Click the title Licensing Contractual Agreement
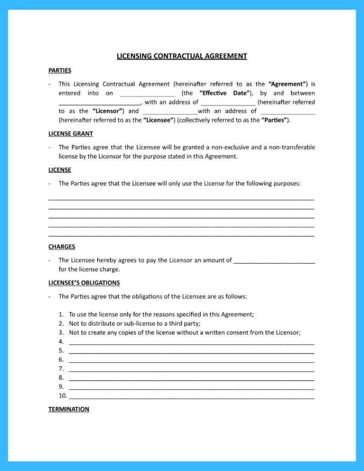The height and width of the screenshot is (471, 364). [x=182, y=56]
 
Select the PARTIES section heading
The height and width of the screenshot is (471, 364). [x=60, y=71]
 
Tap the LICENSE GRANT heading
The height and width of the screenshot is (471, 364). [x=71, y=134]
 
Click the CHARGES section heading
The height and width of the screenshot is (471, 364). [x=61, y=246]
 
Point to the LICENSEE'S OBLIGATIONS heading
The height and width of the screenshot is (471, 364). [x=84, y=283]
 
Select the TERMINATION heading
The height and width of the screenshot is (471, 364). [x=69, y=409]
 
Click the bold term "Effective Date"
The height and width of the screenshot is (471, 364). [x=226, y=93]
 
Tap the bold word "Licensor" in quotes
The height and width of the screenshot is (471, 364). [x=109, y=111]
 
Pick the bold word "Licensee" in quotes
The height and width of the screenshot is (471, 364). [x=159, y=120]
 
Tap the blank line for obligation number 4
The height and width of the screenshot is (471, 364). [x=191, y=342]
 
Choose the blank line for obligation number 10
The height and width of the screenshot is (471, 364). [x=191, y=396]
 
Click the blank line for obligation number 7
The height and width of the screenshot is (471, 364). [x=191, y=369]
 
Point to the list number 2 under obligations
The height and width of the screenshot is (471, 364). [x=61, y=323]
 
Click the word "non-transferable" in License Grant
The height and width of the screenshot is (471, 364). [x=292, y=147]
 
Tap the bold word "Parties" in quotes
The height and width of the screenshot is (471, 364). [x=276, y=120]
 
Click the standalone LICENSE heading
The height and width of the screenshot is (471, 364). [x=60, y=170]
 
